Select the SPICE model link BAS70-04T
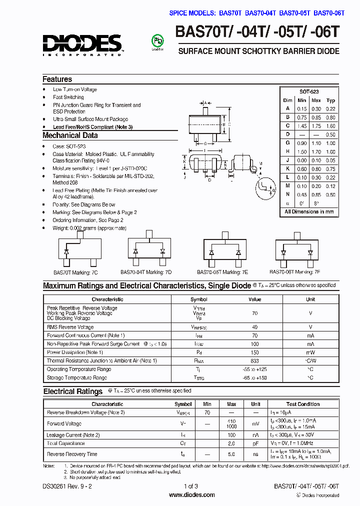(x=260, y=13)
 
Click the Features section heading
(x=57, y=79)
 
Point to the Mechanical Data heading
(x=70, y=135)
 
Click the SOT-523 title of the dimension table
(x=309, y=92)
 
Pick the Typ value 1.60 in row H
(x=330, y=151)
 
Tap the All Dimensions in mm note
(x=309, y=212)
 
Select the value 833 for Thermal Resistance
(x=255, y=361)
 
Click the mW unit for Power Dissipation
(x=310, y=352)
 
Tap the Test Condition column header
(x=303, y=404)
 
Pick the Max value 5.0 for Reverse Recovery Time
(x=231, y=454)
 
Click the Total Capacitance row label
(x=66, y=443)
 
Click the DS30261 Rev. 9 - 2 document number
(x=67, y=486)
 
